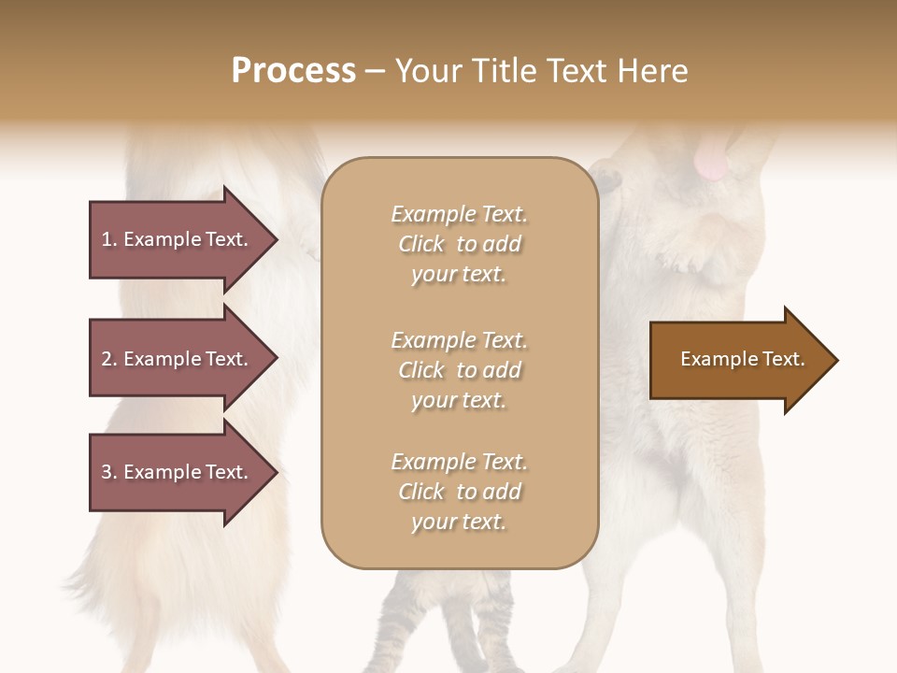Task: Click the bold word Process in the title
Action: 293,71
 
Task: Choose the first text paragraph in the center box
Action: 459,244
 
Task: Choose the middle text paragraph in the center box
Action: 459,370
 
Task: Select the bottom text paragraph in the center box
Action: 459,492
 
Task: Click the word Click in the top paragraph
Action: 420,244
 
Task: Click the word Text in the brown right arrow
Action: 785,359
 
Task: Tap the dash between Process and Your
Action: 376,71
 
